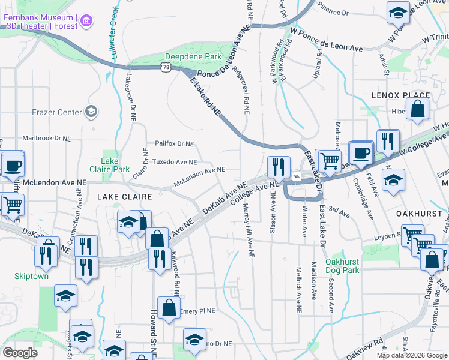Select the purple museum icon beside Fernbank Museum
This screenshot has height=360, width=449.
(x=88, y=22)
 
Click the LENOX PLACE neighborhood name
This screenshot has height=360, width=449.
(x=400, y=95)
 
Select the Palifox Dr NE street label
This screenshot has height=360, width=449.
(x=174, y=144)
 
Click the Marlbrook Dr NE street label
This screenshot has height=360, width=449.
(x=46, y=138)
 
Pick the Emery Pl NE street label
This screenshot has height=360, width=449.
(x=197, y=310)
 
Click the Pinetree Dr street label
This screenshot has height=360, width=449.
(x=333, y=12)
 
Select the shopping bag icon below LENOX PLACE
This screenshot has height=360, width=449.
(x=418, y=110)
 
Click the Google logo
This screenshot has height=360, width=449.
(x=20, y=353)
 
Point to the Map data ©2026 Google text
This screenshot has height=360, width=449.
(x=411, y=355)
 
